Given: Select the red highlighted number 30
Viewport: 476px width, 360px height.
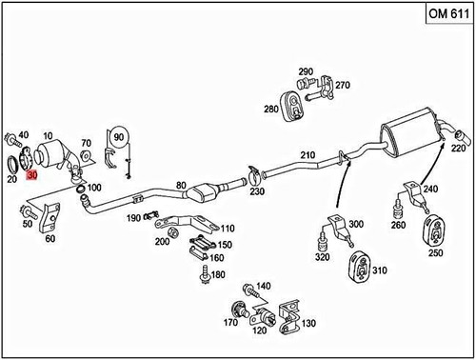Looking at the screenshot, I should coord(32,175).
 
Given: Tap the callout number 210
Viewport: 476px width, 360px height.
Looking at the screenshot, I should coord(307,155).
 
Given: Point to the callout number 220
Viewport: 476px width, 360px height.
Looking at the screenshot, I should coord(459,149).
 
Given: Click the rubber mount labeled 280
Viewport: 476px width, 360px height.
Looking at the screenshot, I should coord(292,103).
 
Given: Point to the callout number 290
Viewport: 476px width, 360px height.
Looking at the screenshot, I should coord(305,72).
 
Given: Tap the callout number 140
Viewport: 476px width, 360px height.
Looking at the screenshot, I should coord(264,286).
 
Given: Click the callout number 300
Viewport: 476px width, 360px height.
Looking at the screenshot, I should coord(356,224).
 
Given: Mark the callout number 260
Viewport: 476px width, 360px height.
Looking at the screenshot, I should coord(397,226).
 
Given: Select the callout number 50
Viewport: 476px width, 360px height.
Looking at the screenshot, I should coord(28,223).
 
